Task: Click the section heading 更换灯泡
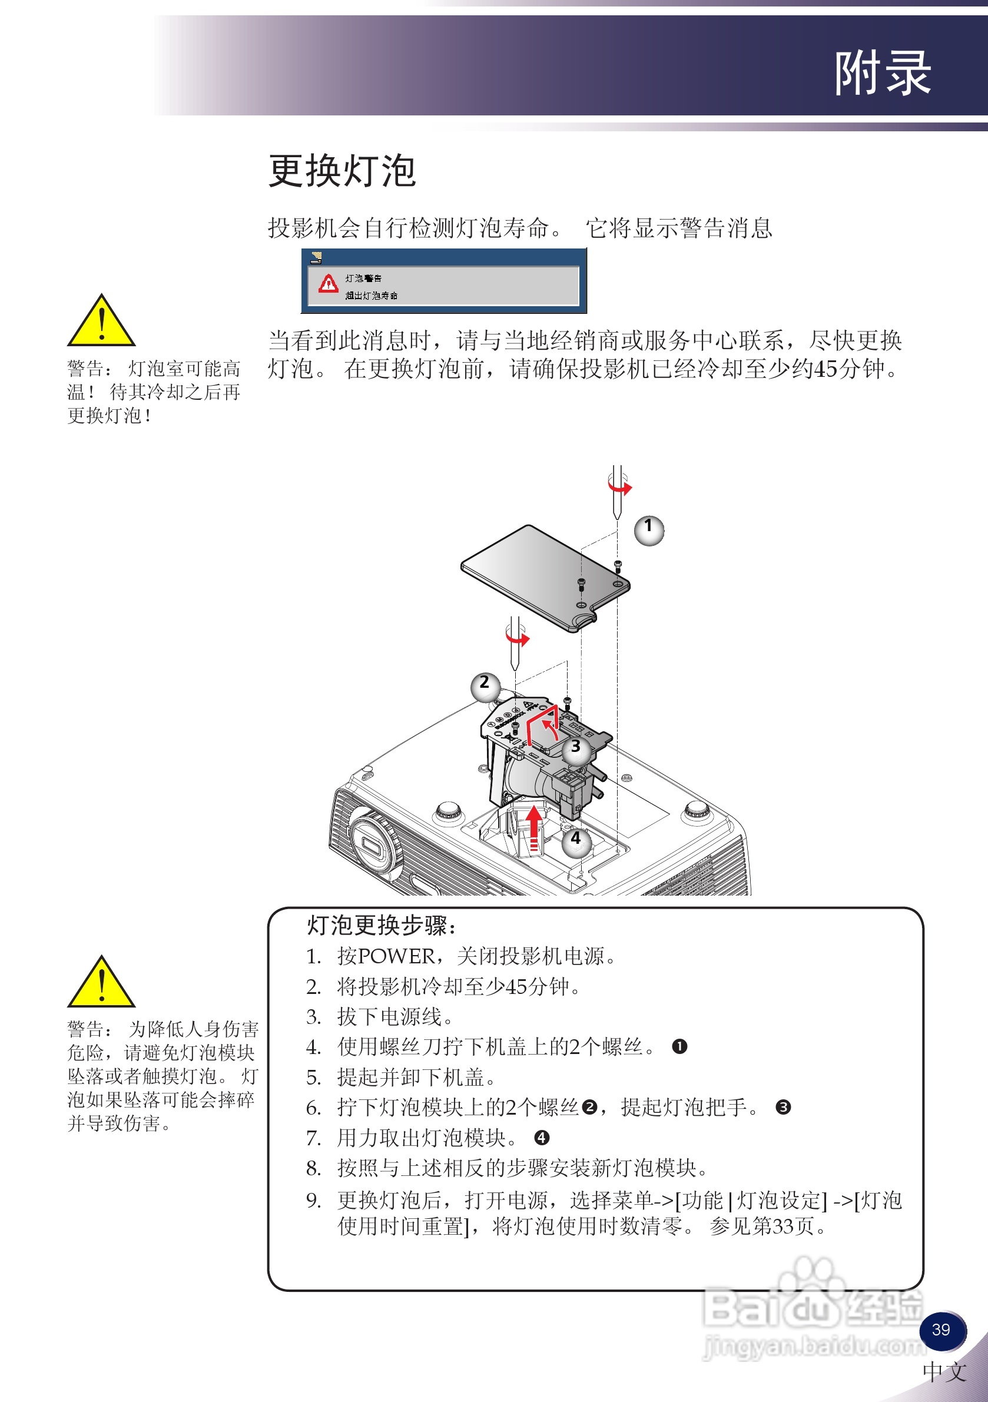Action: click(x=342, y=171)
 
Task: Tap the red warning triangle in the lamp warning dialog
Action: click(x=329, y=283)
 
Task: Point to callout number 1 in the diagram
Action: click(x=648, y=529)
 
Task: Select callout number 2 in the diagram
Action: click(x=485, y=686)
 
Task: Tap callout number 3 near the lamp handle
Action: click(x=576, y=749)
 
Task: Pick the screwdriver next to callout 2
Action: click(x=515, y=647)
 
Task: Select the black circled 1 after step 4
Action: click(x=679, y=1046)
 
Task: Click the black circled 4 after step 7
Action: click(x=541, y=1138)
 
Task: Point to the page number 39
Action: click(x=941, y=1330)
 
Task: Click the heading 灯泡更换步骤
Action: click(x=380, y=926)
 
